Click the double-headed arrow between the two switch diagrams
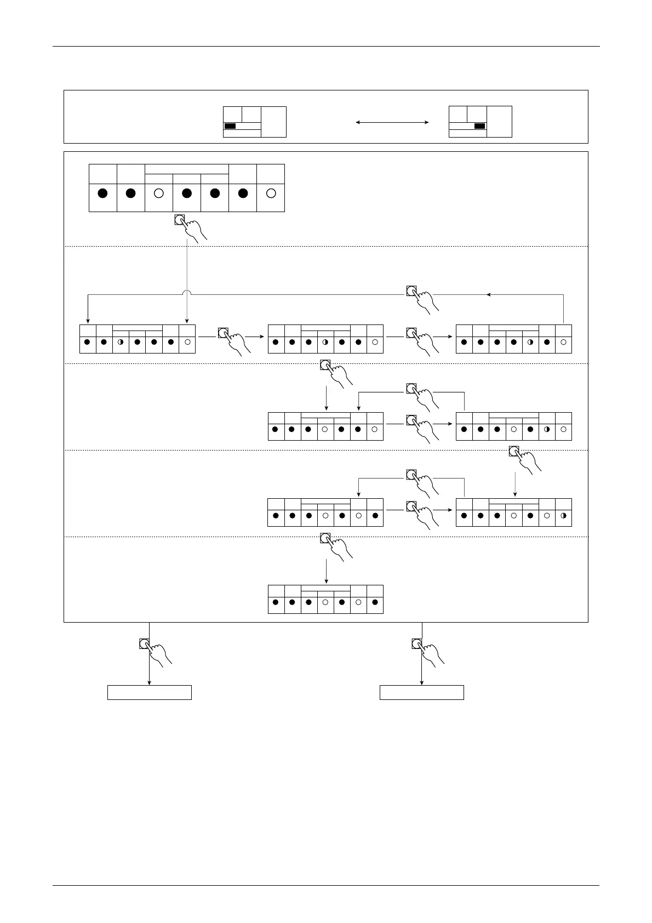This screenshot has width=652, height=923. click(x=392, y=122)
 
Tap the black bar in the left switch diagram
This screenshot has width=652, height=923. click(x=230, y=126)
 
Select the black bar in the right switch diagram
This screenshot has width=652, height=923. click(x=479, y=126)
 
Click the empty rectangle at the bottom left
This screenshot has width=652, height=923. click(x=149, y=692)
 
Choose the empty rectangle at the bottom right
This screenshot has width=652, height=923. click(x=422, y=692)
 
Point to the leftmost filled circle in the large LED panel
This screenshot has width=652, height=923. click(x=102, y=193)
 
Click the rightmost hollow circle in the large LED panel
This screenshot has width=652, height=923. click(x=271, y=193)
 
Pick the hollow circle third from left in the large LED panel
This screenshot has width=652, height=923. click(x=159, y=193)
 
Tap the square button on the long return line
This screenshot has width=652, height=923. click(x=411, y=291)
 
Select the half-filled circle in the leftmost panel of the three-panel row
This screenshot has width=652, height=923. click(x=121, y=343)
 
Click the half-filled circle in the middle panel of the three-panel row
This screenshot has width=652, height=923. click(x=325, y=343)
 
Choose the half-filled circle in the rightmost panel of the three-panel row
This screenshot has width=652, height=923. click(x=530, y=343)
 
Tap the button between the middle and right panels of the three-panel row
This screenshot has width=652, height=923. click(x=411, y=333)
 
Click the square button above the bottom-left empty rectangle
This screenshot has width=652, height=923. click(x=144, y=643)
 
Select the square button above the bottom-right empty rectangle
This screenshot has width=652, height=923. click(x=417, y=643)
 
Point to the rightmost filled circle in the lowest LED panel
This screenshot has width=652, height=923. click(x=375, y=602)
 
